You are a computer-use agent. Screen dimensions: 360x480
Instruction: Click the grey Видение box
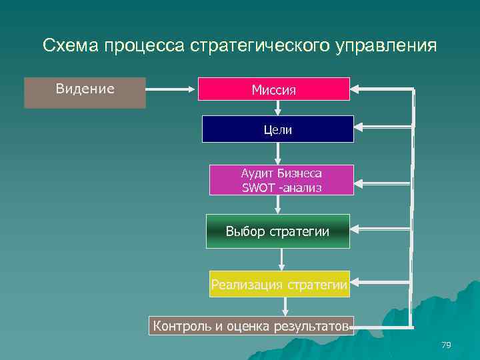point(85,93)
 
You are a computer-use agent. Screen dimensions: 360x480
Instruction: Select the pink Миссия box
point(273,89)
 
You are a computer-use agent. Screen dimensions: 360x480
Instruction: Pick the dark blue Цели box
point(277,129)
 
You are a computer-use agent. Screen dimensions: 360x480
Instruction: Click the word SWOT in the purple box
point(254,187)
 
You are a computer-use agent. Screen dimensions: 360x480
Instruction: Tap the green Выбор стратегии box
point(277,231)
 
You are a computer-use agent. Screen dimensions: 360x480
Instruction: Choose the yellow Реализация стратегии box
point(279,286)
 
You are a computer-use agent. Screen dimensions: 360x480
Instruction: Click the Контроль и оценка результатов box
point(251,325)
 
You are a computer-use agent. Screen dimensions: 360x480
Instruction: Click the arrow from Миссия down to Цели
point(277,107)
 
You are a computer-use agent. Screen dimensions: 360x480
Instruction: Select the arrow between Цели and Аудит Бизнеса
point(278,153)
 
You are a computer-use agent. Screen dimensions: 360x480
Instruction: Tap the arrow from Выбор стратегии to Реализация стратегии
point(282,259)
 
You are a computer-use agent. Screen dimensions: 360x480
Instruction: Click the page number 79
point(446,345)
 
